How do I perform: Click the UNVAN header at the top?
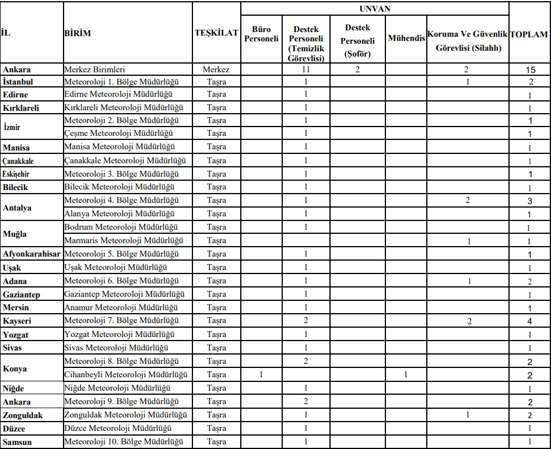(x=375, y=9)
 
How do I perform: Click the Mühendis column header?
(x=406, y=40)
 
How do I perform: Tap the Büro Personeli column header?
(x=261, y=34)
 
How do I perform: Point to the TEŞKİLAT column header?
(x=216, y=33)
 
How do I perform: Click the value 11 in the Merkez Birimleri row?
(x=306, y=69)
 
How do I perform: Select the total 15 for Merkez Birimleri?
(x=530, y=69)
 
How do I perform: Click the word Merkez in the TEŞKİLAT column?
(x=216, y=69)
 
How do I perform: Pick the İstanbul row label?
(x=17, y=82)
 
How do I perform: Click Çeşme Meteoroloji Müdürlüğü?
(x=120, y=134)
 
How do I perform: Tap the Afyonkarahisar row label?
(x=31, y=254)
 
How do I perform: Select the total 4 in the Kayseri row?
(x=530, y=321)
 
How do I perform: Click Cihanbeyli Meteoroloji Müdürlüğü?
(x=125, y=374)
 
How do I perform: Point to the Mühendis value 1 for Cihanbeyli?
(x=406, y=374)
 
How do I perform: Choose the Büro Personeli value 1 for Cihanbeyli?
(x=261, y=374)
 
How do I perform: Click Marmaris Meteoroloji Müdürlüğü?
(x=124, y=240)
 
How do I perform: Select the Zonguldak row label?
(x=23, y=415)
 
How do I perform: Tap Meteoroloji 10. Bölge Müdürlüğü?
(x=124, y=442)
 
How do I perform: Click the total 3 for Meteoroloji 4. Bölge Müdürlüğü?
(x=530, y=201)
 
